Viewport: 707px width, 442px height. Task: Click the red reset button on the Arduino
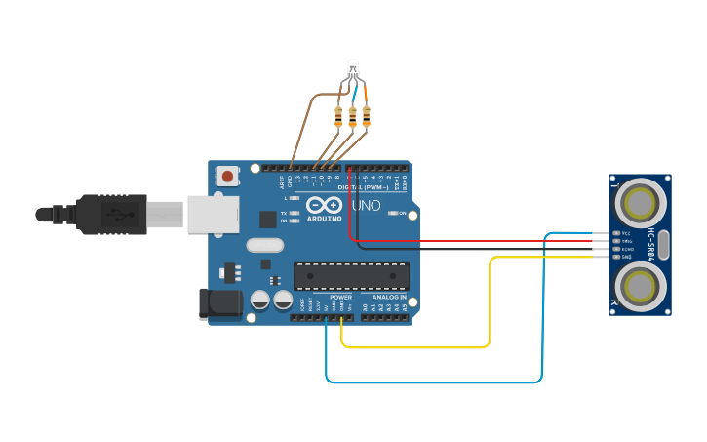(x=227, y=177)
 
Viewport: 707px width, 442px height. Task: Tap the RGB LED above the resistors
(x=353, y=68)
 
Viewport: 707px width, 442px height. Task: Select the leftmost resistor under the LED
(x=338, y=116)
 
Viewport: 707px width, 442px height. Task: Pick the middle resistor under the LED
(x=352, y=116)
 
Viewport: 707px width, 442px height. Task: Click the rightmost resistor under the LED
(x=366, y=116)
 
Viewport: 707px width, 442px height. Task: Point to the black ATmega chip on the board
(x=351, y=276)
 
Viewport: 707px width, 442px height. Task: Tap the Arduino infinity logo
(x=324, y=205)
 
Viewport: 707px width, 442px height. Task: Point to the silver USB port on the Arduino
(x=213, y=214)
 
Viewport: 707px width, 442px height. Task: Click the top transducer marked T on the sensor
(x=640, y=203)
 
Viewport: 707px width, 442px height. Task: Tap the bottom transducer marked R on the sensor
(x=640, y=286)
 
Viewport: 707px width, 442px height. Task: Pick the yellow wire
(x=490, y=302)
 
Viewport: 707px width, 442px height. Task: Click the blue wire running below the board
(x=434, y=382)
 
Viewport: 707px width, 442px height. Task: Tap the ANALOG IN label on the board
(x=384, y=297)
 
